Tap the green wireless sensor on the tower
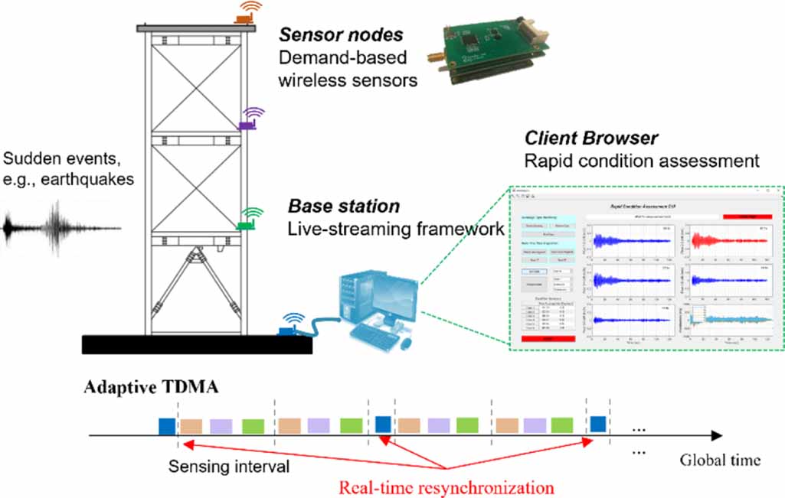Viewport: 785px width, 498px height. coord(247,223)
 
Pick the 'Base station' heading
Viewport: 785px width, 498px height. coord(344,207)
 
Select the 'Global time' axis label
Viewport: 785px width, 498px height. coord(720,460)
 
